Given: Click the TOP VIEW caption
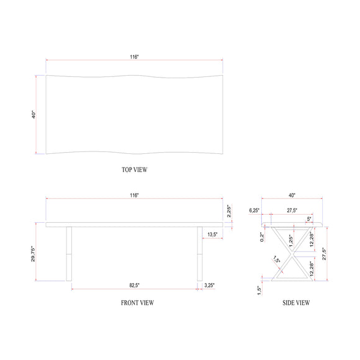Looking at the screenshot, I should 134,169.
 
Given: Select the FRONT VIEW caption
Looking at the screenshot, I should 137,303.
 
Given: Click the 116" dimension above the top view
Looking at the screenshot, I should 134,56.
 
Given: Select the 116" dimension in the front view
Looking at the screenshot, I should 134,195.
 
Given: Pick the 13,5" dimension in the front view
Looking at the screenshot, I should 212,235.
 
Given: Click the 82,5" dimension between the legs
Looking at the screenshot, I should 134,286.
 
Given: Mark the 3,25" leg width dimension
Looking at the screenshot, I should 210,286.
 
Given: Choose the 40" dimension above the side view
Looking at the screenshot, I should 292,195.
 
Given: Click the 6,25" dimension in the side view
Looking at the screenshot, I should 253,210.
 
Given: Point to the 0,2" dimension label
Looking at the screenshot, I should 263,236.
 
